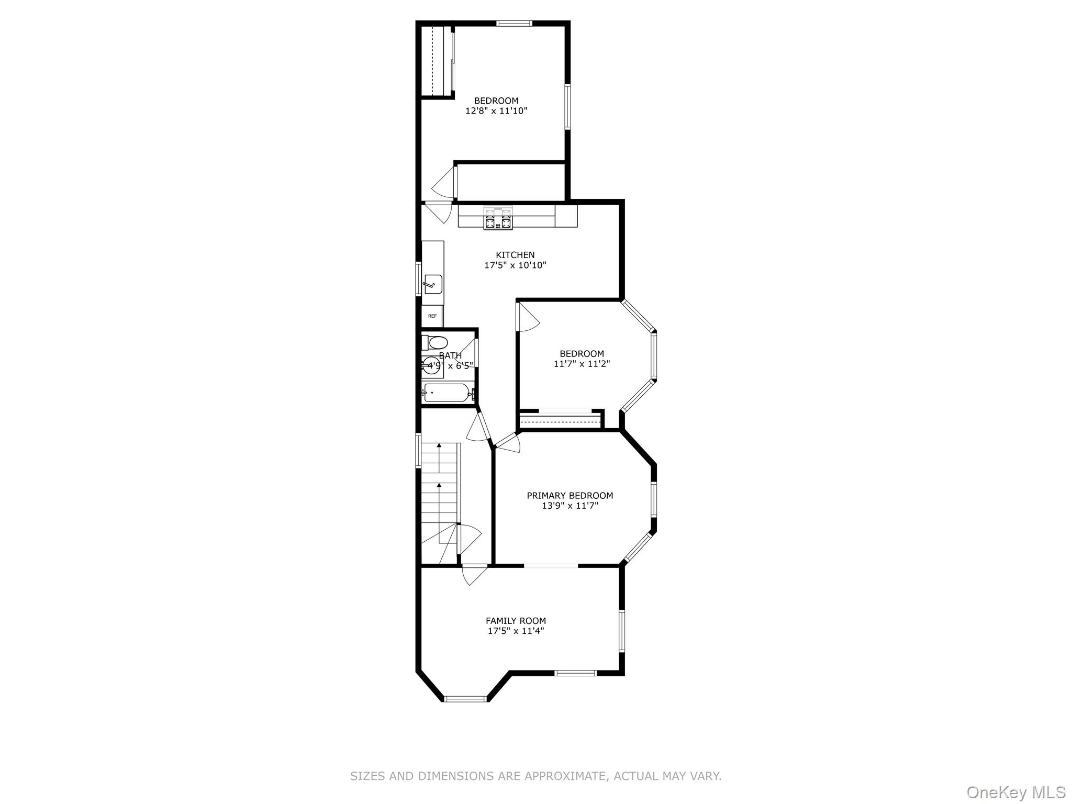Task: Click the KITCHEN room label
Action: pyautogui.click(x=515, y=255)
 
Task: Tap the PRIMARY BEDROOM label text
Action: pyautogui.click(x=569, y=495)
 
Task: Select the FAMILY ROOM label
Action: pyautogui.click(x=516, y=621)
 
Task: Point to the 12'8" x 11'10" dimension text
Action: pyautogui.click(x=496, y=111)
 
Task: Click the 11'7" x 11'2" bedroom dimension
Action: pyautogui.click(x=582, y=364)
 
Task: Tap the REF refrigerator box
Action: pyautogui.click(x=432, y=316)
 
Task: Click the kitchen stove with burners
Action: pyautogui.click(x=498, y=218)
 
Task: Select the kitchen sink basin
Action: pyautogui.click(x=433, y=284)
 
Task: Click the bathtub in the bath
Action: pyautogui.click(x=446, y=393)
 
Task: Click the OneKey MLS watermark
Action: pyautogui.click(x=1015, y=792)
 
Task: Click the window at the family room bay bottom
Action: pyautogui.click(x=465, y=698)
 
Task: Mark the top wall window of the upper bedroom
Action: pyautogui.click(x=514, y=23)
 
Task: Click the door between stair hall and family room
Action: pyautogui.click(x=474, y=574)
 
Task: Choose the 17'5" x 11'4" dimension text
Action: pyautogui.click(x=516, y=631)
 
